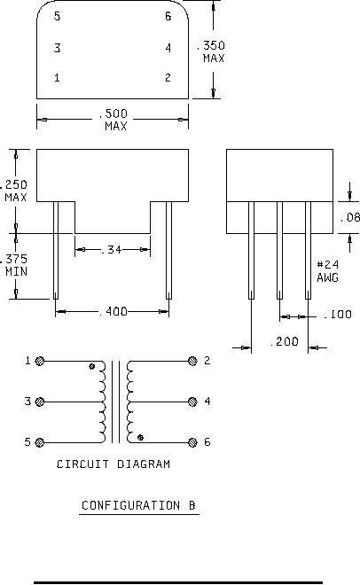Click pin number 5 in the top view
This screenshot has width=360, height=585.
57,16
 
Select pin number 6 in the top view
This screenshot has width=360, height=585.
168,16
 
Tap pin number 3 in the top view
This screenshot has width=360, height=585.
57,48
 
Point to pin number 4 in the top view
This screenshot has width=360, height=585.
168,48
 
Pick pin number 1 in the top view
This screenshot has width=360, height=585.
57,78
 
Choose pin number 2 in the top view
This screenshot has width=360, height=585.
168,78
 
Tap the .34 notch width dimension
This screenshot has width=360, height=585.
112,249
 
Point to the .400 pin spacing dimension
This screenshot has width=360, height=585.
113,311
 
